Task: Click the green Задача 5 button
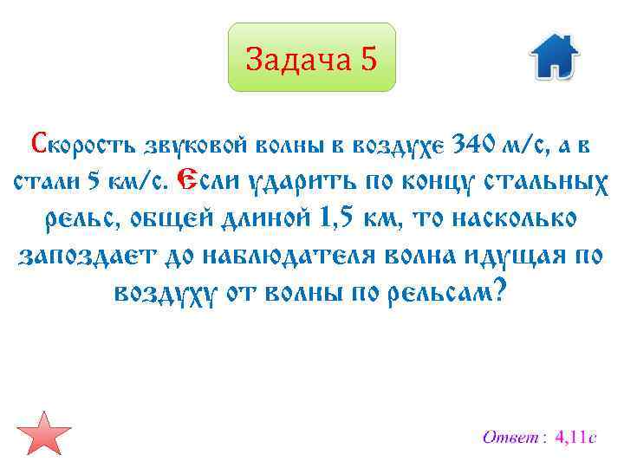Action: [x=311, y=58]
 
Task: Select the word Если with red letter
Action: [x=205, y=181]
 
